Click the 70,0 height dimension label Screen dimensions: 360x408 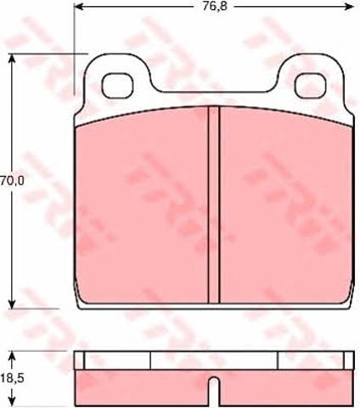click(13, 180)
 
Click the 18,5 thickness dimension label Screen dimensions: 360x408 click(13, 378)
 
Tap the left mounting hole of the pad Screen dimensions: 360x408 click(117, 85)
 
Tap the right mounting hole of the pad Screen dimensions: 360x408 click(311, 85)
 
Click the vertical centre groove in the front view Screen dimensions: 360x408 click(214, 205)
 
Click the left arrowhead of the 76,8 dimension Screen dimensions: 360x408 click(78, 6)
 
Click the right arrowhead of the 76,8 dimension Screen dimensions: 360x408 click(349, 6)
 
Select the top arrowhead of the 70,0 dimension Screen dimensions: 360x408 click(12, 59)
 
